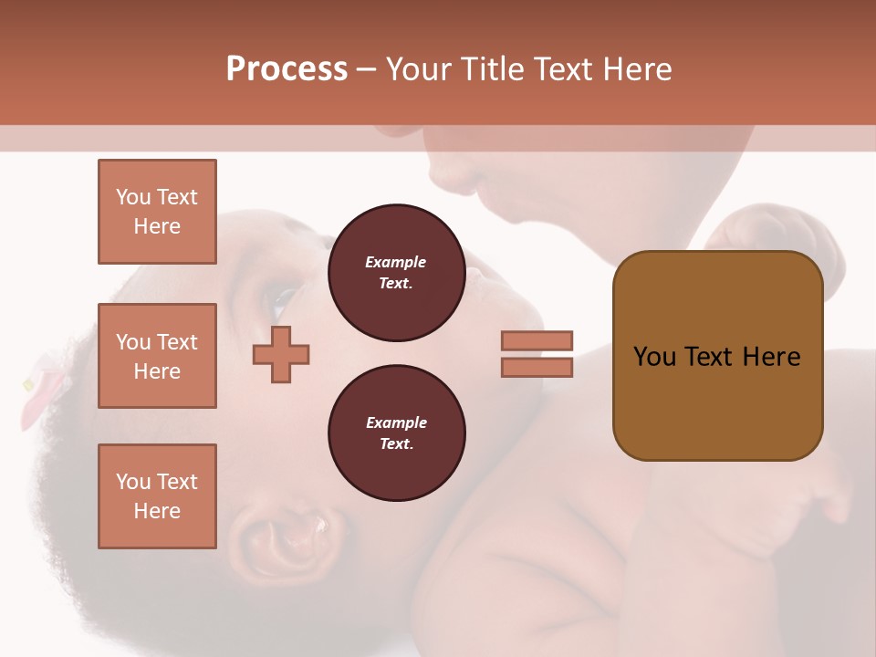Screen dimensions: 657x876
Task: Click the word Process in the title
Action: tap(287, 69)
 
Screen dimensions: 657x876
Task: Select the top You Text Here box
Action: tap(157, 212)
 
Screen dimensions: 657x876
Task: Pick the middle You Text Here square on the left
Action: tap(157, 356)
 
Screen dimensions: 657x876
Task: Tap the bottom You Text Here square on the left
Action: tap(157, 496)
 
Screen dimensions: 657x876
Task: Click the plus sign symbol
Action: tap(281, 354)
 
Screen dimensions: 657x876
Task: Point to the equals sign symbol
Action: tap(537, 354)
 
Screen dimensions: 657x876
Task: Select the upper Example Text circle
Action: tap(396, 273)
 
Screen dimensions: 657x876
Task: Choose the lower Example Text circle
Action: tap(396, 433)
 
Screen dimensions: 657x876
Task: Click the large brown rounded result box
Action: tap(717, 356)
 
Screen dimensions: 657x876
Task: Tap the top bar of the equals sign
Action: tap(537, 340)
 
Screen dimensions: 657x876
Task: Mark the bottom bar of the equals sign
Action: tap(537, 368)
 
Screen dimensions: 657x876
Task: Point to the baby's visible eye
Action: tap(283, 297)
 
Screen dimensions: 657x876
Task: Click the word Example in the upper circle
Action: tap(396, 262)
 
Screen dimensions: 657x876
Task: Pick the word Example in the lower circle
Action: tap(396, 422)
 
